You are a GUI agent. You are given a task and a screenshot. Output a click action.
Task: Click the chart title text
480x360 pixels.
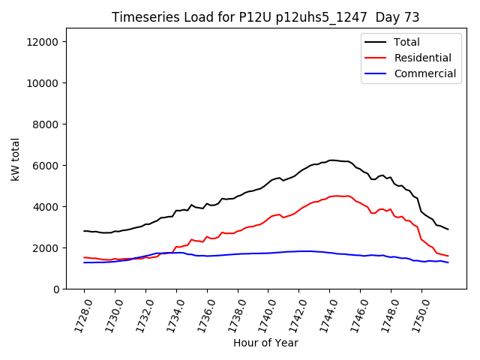coord(265,17)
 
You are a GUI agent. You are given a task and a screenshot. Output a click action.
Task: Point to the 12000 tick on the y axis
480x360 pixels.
coord(43,42)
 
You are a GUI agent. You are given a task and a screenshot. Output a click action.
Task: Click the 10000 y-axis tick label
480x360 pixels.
coord(43,83)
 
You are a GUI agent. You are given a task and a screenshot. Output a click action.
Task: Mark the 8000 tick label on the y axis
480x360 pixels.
coord(46,124)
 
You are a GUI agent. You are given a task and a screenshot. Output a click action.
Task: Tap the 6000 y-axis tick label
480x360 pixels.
coord(46,166)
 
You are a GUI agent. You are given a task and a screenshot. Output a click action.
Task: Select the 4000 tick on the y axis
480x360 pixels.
coord(46,207)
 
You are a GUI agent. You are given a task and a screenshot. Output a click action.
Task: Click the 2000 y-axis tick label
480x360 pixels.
coord(46,248)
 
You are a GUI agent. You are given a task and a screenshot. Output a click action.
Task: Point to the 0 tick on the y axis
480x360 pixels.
coord(55,289)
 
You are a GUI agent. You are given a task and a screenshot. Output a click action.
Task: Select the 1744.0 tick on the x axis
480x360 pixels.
coord(322,315)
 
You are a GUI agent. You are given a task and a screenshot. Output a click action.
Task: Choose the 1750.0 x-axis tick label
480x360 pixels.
coord(414,315)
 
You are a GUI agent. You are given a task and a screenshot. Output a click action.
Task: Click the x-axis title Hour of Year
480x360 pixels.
coord(265,343)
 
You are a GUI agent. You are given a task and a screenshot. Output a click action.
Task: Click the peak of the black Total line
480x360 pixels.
coord(331,160)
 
